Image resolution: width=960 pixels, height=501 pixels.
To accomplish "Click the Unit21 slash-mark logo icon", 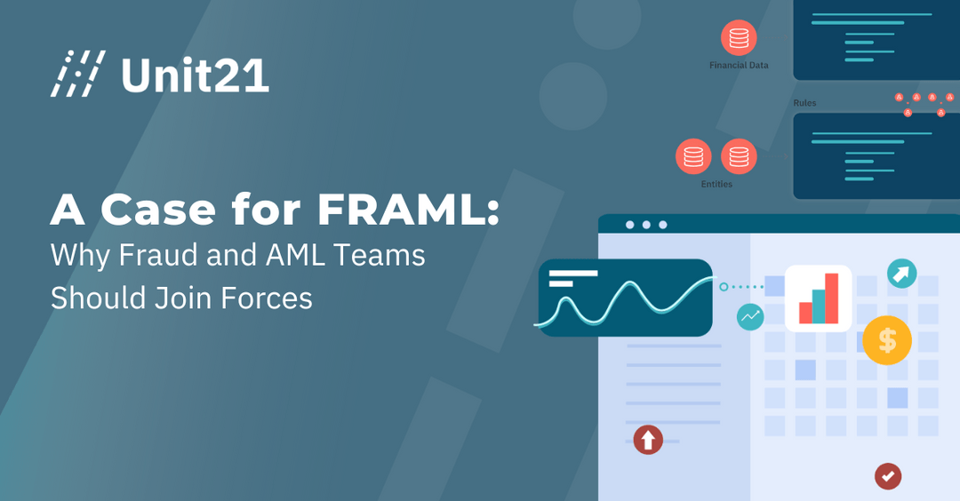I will (x=78, y=74).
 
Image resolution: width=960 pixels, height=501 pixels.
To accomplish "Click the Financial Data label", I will (x=739, y=65).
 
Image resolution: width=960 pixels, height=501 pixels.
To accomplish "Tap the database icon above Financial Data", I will (x=739, y=38).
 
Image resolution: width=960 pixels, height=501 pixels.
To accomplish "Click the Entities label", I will (x=716, y=184).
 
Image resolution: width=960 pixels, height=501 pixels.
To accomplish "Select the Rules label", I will (x=804, y=103).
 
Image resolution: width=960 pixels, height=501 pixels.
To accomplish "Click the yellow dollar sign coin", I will (x=886, y=339).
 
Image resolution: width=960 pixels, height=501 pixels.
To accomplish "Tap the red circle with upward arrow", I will (x=648, y=438).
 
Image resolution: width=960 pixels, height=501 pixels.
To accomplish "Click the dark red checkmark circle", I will (x=887, y=475).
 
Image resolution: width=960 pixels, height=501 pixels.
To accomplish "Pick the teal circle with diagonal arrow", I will (x=900, y=274).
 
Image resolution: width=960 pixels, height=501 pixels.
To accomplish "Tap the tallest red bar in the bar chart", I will (x=832, y=298).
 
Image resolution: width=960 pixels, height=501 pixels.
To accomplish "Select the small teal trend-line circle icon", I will (x=750, y=316).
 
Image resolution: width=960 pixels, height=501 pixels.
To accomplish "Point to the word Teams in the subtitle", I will (x=380, y=256).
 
